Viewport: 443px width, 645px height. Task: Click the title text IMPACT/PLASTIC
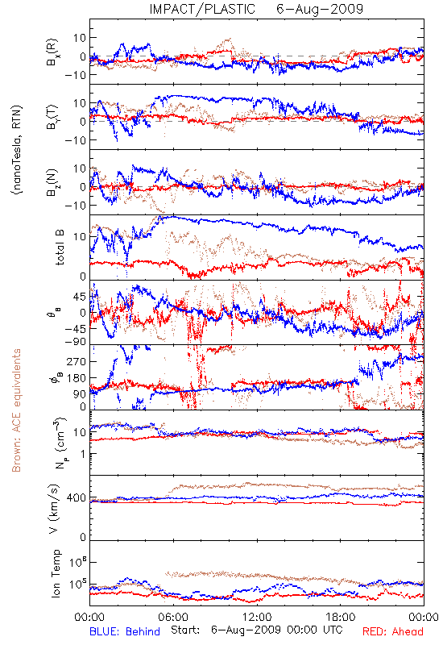point(202,9)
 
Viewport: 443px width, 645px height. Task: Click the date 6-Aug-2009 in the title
point(320,9)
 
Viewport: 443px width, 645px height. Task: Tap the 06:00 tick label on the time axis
point(173,617)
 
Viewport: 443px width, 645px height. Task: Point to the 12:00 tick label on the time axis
point(257,617)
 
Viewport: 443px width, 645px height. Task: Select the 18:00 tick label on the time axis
point(341,617)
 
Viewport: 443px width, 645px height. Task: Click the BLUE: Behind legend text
point(125,631)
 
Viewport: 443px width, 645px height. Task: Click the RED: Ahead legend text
point(393,631)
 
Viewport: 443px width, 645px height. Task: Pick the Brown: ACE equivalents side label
point(16,410)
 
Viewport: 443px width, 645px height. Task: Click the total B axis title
point(60,248)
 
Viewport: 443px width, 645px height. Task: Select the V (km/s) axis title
point(54,509)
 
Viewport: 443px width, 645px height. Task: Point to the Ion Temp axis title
point(56,573)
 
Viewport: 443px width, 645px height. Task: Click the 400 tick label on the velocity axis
point(77,498)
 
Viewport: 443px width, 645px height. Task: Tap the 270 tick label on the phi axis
point(77,361)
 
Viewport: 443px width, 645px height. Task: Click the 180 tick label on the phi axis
point(77,378)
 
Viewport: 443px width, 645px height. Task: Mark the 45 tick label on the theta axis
point(80,297)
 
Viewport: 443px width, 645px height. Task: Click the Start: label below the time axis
point(186,630)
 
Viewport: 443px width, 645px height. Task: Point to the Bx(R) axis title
point(52,52)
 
